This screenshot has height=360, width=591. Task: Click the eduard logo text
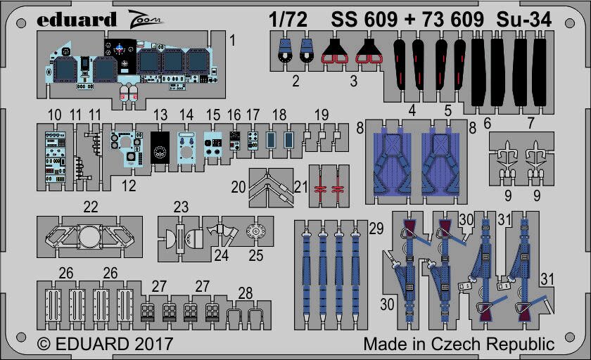[x=77, y=20]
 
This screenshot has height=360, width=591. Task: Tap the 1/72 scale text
[x=288, y=20]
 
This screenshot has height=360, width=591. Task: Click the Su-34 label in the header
[x=524, y=20]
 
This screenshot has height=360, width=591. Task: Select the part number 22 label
[x=91, y=207]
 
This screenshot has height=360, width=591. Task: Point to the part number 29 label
[x=376, y=229]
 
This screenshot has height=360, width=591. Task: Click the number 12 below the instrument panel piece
[x=129, y=186]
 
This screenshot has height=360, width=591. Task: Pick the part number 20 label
[x=239, y=187]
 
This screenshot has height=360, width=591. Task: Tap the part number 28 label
[x=246, y=293]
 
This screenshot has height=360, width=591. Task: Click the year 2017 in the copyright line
[x=152, y=344]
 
